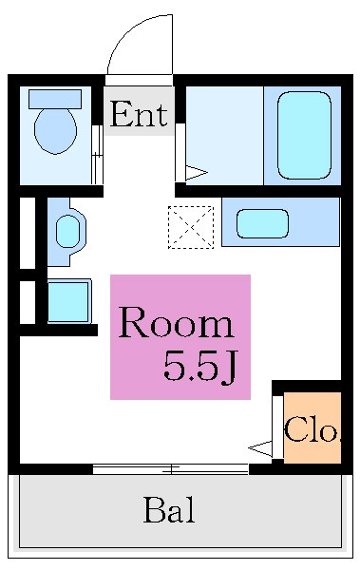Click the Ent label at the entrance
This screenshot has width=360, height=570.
pyautogui.click(x=138, y=115)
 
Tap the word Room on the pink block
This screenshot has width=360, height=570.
pyautogui.click(x=176, y=325)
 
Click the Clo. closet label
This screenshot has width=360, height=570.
pyautogui.click(x=313, y=430)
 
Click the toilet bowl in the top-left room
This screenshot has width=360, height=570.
pyautogui.click(x=54, y=130)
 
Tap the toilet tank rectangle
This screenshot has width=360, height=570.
pyautogui.click(x=54, y=98)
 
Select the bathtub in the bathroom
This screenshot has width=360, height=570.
pyautogui.click(x=304, y=134)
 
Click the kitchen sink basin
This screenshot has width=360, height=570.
pyautogui.click(x=262, y=223)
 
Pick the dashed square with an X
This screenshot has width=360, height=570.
pyautogui.click(x=190, y=227)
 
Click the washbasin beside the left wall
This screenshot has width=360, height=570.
pyautogui.click(x=67, y=230)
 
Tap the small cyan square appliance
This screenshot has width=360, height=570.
pyautogui.click(x=67, y=301)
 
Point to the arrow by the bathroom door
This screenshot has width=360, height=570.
pyautogui.click(x=196, y=172)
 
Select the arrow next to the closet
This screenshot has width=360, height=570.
pyautogui.click(x=259, y=446)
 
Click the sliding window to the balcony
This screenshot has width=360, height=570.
pyautogui.click(x=170, y=468)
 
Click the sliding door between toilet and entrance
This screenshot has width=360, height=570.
pyautogui.click(x=96, y=152)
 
